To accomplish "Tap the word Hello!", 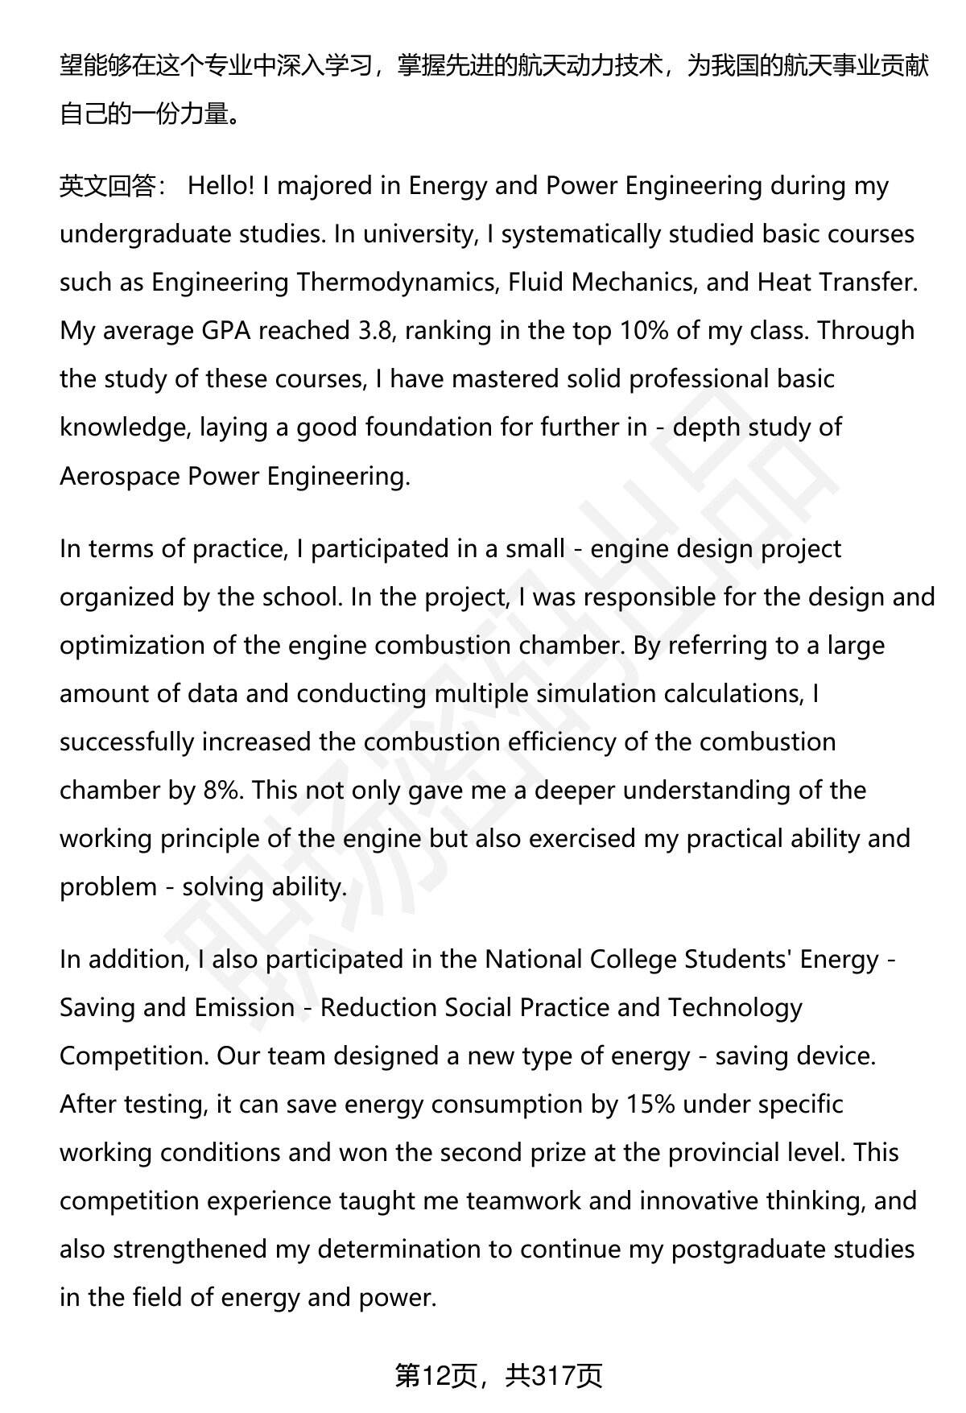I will pyautogui.click(x=221, y=186).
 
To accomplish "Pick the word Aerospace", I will pyautogui.click(x=120, y=476).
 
